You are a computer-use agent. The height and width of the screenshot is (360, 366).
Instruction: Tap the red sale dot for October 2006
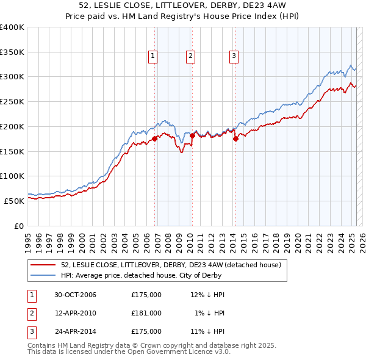154,139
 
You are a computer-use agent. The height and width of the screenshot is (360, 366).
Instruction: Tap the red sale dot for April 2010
192,135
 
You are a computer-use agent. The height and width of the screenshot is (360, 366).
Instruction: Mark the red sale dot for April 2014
235,139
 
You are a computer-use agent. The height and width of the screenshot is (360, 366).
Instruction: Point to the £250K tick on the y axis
12,102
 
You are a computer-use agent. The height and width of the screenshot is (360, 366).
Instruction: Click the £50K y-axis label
15,201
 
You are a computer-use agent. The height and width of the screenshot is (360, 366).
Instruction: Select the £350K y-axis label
12,52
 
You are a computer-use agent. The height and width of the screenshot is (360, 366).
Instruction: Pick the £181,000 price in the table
146,313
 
